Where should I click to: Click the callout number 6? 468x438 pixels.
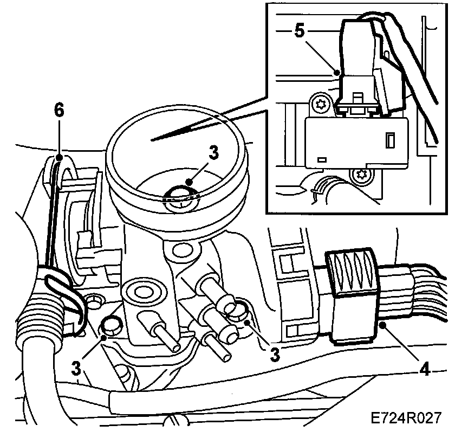pyautogui.click(x=58, y=110)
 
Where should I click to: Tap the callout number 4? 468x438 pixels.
pyautogui.click(x=425, y=371)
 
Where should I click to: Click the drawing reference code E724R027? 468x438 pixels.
pyautogui.click(x=406, y=418)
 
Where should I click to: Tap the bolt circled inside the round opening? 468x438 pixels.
pyautogui.click(x=181, y=199)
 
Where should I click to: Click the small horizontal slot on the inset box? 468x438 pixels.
pyautogui.click(x=323, y=159)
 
